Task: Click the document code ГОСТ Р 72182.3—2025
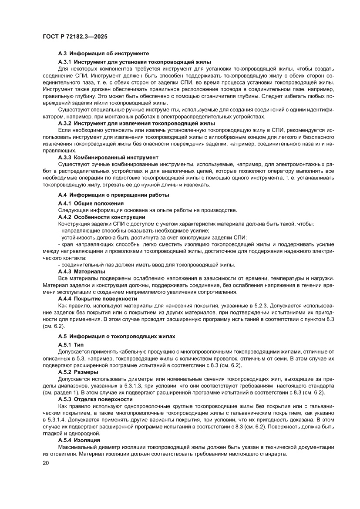click(x=75, y=37)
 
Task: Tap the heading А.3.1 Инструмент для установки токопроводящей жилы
click(x=135, y=62)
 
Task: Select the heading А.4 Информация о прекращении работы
click(x=114, y=195)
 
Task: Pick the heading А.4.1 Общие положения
click(x=91, y=203)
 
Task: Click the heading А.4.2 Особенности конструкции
click(x=101, y=217)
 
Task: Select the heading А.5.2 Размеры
click(x=78, y=372)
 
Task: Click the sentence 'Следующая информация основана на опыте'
click(x=148, y=210)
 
